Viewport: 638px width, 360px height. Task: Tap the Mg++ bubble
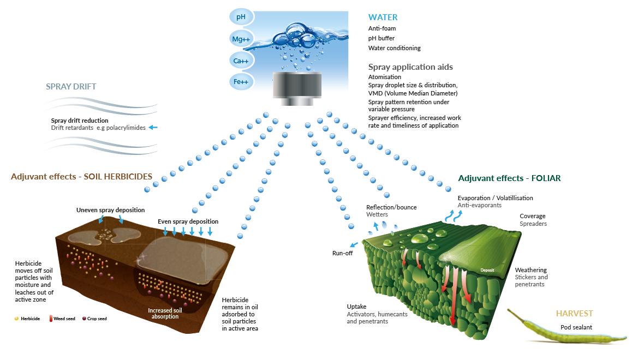point(241,39)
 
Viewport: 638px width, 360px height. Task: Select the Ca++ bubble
point(241,61)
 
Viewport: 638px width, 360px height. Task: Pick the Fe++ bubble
point(241,82)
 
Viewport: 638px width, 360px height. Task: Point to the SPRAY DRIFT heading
point(71,86)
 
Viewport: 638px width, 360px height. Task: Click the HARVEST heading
point(574,314)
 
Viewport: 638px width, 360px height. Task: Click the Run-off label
point(343,253)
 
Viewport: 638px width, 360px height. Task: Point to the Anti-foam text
point(382,28)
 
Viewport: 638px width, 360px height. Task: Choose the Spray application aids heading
point(410,67)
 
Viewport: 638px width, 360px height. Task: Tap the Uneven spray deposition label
point(111,209)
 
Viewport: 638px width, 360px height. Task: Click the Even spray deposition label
point(188,221)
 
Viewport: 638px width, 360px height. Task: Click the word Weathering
point(530,270)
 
